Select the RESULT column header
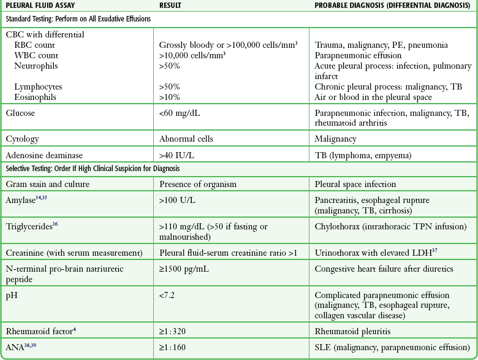(x=172, y=6)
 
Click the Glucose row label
(x=20, y=113)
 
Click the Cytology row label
(x=22, y=139)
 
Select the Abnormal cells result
(x=186, y=139)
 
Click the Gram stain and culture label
(x=49, y=184)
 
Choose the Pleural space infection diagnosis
(x=355, y=184)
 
